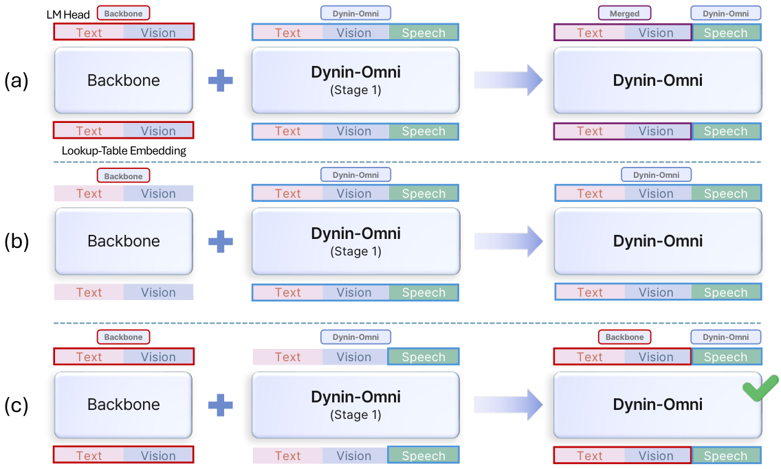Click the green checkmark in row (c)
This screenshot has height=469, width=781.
(760, 388)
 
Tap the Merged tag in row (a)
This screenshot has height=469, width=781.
(624, 13)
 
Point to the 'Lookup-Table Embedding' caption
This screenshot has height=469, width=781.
(124, 150)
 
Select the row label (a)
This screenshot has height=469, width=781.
(16, 80)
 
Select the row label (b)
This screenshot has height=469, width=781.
(16, 242)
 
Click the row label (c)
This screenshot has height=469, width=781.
(16, 405)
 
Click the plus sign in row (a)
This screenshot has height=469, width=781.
(221, 80)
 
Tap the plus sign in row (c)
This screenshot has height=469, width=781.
(221, 405)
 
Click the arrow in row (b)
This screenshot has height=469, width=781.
(508, 242)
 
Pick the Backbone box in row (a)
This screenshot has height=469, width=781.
(124, 80)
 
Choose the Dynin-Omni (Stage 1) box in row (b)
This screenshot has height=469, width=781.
(355, 242)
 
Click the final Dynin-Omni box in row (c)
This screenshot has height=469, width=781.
(657, 405)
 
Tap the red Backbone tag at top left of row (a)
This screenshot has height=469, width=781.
(123, 13)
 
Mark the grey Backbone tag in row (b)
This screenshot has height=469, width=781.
(123, 176)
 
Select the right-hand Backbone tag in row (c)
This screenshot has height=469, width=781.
(624, 337)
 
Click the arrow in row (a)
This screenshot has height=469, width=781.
(508, 80)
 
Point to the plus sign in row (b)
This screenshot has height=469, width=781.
(221, 242)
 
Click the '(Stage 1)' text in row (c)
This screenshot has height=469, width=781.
(355, 415)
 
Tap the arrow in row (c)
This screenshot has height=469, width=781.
(508, 405)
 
